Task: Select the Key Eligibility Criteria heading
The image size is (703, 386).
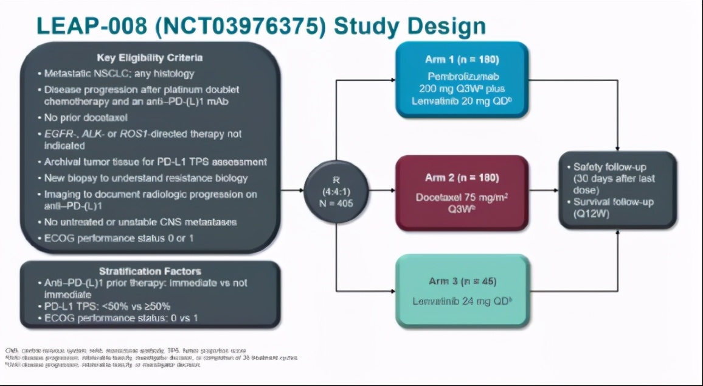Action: (x=150, y=58)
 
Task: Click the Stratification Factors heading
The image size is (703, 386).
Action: (x=150, y=271)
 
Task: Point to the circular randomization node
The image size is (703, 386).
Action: (x=336, y=191)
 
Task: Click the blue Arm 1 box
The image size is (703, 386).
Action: (x=462, y=79)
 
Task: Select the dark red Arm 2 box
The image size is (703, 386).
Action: (x=462, y=193)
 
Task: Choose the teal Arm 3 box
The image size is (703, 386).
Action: (x=462, y=290)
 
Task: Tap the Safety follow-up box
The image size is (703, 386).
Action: (x=617, y=190)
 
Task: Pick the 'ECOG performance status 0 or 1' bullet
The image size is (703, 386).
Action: (x=119, y=238)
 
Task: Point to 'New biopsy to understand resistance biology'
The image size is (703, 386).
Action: (x=146, y=178)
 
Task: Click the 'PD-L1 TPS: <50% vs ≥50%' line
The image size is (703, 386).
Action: (x=107, y=306)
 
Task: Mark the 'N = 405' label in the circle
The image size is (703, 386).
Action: (x=336, y=203)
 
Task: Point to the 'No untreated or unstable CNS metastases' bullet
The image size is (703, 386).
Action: (x=140, y=222)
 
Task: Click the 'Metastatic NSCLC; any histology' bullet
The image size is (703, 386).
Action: (x=119, y=74)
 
